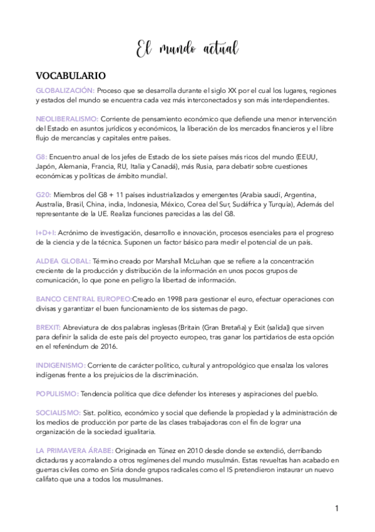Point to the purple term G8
(41, 156)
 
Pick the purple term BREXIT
(49, 326)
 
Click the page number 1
(336, 508)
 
